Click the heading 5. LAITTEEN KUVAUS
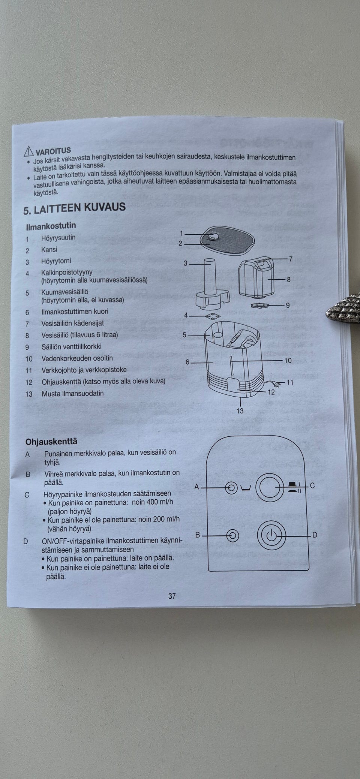[x=75, y=208]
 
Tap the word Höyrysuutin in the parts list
[x=58, y=238]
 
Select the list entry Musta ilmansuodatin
[x=72, y=393]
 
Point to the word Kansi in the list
[x=49, y=250]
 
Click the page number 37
[x=172, y=596]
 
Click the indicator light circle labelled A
[x=231, y=488]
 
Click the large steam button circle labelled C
[x=269, y=487]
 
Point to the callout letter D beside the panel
[x=315, y=535]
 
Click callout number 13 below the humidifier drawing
[x=240, y=411]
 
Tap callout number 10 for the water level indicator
[x=288, y=360]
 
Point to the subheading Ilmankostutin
[x=51, y=226]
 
